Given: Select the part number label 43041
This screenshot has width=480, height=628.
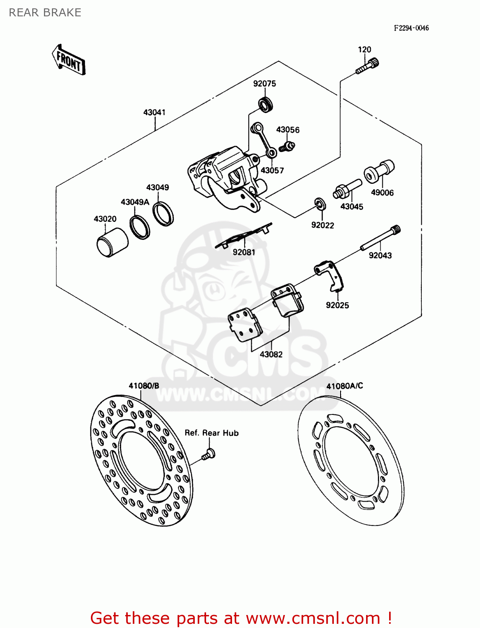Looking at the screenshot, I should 155,112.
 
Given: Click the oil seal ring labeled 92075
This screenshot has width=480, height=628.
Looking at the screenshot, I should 265,104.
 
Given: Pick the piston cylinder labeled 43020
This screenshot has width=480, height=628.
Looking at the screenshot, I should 112,242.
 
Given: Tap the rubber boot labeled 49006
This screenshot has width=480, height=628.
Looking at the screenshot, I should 379,172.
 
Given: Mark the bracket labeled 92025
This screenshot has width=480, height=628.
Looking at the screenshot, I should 330,275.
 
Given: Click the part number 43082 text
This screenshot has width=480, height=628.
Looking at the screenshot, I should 271,354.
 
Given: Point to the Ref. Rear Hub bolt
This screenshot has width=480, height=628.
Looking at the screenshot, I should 208,454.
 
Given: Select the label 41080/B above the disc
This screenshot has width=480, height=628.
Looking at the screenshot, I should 144,386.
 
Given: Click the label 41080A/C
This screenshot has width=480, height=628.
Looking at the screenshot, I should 345,386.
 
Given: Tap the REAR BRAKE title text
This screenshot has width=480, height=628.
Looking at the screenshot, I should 45,13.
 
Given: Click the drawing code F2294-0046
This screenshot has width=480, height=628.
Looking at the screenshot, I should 411,28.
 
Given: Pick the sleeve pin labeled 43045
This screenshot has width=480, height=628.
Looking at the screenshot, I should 347,189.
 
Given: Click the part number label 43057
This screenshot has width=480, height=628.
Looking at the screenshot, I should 272,170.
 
